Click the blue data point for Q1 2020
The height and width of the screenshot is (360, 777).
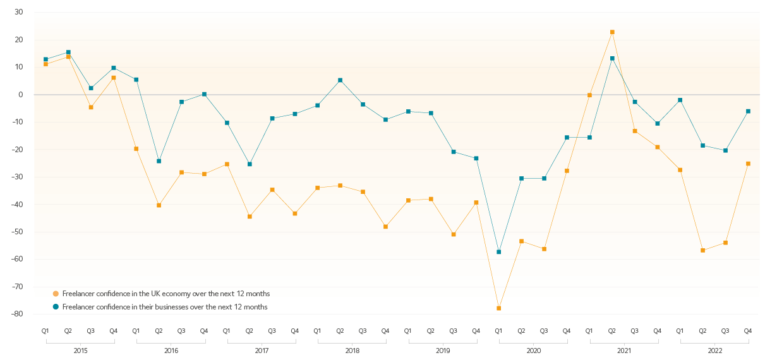point(498,252)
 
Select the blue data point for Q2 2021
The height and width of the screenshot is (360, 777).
point(612,59)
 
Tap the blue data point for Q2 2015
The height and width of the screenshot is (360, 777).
point(68,52)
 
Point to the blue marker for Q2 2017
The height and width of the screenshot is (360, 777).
point(250,164)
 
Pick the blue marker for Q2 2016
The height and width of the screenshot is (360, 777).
point(159,161)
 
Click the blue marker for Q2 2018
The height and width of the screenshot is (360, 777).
point(340,80)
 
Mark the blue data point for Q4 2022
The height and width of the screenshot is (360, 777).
point(748,111)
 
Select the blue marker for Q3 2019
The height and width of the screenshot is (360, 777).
point(454,152)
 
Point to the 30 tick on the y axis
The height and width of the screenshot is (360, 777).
point(19,12)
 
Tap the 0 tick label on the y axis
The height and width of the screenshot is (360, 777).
point(21,95)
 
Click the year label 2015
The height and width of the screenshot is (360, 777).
point(80,350)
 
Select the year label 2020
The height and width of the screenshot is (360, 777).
point(533,350)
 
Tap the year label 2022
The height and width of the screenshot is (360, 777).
point(714,350)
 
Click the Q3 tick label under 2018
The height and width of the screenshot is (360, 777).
point(363,331)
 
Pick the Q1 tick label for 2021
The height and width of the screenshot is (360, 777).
point(589,331)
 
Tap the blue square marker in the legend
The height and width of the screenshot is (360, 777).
point(56,307)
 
